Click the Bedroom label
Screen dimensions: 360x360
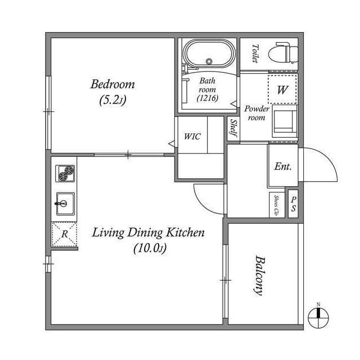coord(112,84)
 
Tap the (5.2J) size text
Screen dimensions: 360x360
coord(112,100)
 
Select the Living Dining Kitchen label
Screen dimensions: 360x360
coord(148,232)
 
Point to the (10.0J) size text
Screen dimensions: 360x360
coord(150,249)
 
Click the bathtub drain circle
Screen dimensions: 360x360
coord(209,61)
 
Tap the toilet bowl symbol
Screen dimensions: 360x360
coord(283,53)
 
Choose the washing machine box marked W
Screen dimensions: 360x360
coord(282,89)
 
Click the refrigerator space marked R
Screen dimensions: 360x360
coord(64,234)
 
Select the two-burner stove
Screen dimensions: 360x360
coord(65,174)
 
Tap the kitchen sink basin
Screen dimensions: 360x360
coord(65,204)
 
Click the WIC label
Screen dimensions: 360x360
coord(192,137)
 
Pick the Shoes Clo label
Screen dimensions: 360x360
coord(277,205)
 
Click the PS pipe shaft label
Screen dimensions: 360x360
coord(294,204)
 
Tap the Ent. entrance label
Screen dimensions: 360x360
coord(283,166)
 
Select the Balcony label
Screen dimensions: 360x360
coord(260,276)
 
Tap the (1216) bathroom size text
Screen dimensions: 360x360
coord(208,98)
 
